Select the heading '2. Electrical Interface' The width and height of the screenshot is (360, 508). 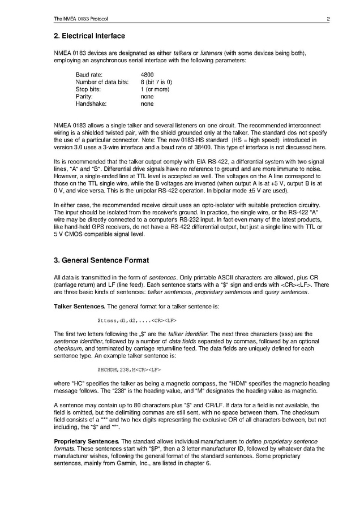click(89, 36)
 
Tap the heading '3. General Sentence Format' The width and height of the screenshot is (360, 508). click(101, 260)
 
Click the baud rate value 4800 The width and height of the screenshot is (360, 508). click(147, 74)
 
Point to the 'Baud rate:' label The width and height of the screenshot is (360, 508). click(89, 74)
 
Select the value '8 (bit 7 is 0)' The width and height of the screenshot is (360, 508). click(156, 81)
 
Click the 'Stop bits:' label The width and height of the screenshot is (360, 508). click(88, 89)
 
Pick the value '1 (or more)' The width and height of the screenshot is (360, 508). click(155, 89)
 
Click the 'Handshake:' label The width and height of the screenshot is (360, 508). click(91, 104)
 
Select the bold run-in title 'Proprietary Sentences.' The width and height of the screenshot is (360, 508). click(86, 441)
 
